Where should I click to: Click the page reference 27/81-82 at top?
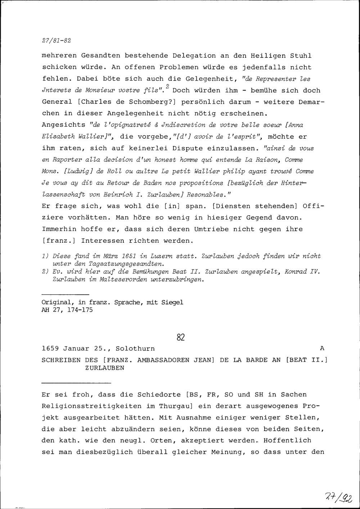point(56,40)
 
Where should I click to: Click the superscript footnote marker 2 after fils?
point(168,87)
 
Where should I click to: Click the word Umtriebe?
point(212,229)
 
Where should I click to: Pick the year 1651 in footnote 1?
point(129,256)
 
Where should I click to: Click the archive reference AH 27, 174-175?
point(67,310)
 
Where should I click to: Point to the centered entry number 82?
point(180,337)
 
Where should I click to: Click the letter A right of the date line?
point(322,349)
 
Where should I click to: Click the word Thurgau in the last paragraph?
point(169,406)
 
